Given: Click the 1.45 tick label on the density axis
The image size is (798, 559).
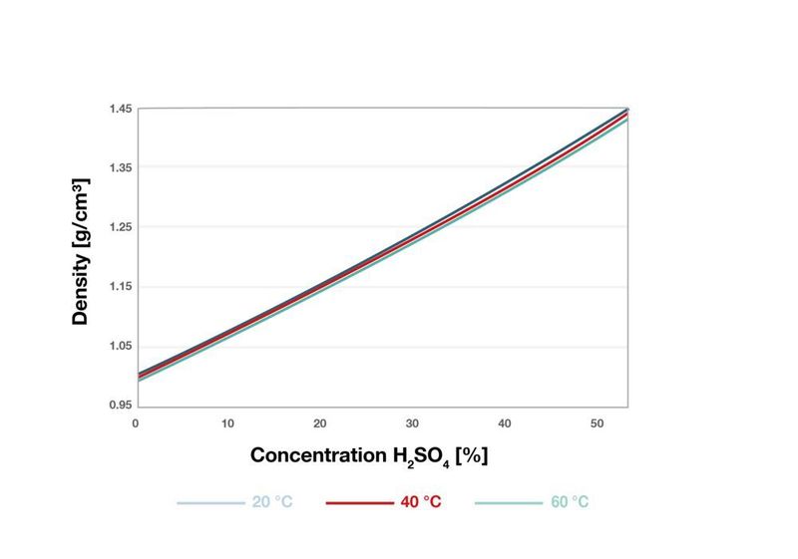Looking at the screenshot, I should pyautogui.click(x=121, y=108).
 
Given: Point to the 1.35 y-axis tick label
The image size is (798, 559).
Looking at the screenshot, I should pyautogui.click(x=121, y=167).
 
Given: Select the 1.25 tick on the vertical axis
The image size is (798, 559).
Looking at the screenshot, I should pyautogui.click(x=121, y=227).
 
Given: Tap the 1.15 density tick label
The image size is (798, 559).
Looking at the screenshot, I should pyautogui.click(x=121, y=287).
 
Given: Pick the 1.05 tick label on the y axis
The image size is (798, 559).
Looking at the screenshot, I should pyautogui.click(x=121, y=347).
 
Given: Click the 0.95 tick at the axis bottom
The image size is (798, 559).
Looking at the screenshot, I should pyautogui.click(x=121, y=406).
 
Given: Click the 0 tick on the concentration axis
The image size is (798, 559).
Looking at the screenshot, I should pyautogui.click(x=136, y=423).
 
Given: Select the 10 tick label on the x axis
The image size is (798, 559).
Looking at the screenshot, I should pyautogui.click(x=227, y=423).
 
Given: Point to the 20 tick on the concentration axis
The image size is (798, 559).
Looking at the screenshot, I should pyautogui.click(x=320, y=423).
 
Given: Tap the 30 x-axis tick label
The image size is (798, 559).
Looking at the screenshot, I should pyautogui.click(x=413, y=423).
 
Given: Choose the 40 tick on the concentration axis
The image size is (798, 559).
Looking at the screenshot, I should pyautogui.click(x=505, y=423).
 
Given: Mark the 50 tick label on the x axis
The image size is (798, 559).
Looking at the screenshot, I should pyautogui.click(x=598, y=423).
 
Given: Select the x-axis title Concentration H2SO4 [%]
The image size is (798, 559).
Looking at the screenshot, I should pyautogui.click(x=368, y=456).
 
